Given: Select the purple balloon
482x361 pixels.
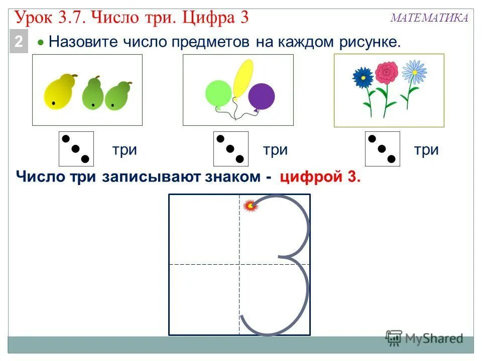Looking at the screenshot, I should pos(262,96).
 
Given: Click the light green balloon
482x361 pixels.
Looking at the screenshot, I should pos(218,93).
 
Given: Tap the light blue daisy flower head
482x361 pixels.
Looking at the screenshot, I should pos(414,71).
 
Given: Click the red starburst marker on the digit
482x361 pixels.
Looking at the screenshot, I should pos(250,205).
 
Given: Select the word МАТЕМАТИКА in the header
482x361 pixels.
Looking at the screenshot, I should pos(429,19).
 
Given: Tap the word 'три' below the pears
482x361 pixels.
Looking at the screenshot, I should pos(125,150).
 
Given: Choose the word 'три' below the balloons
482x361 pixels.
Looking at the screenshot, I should pos(275,150).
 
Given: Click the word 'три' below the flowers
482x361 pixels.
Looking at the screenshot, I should pos(426,150).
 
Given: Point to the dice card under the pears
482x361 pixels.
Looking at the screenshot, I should pos(76,149).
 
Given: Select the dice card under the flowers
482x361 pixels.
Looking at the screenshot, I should pos(382,149).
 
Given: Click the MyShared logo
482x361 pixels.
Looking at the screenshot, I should pos(424,338).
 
